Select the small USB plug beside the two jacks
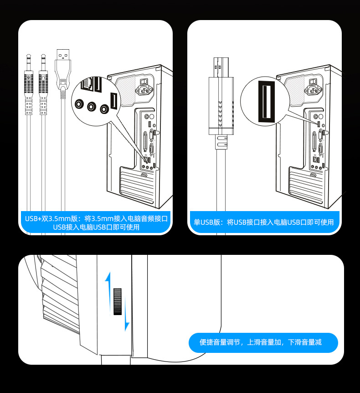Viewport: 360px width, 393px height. tap(63, 68)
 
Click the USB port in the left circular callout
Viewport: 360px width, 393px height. tap(113, 101)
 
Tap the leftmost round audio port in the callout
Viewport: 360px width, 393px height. tap(79, 104)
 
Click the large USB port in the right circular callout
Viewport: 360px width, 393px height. tap(264, 101)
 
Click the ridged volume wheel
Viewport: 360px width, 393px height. tap(118, 301)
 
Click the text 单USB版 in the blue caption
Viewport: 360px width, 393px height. tap(207, 222)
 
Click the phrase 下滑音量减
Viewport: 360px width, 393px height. tap(305, 342)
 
